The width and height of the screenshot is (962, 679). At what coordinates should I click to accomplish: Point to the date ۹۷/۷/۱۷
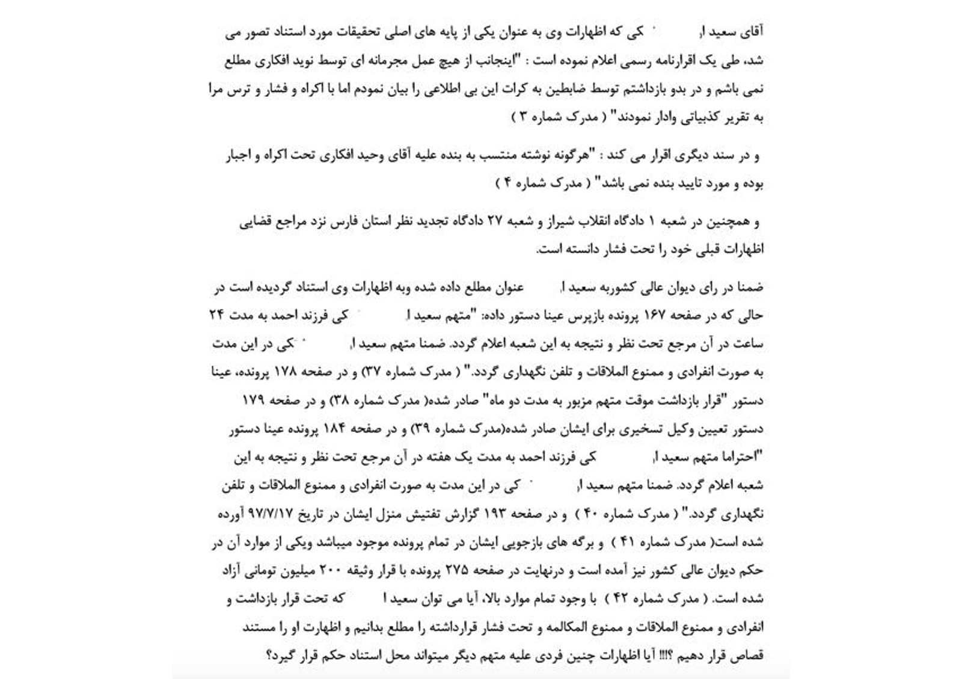coord(273,514)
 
